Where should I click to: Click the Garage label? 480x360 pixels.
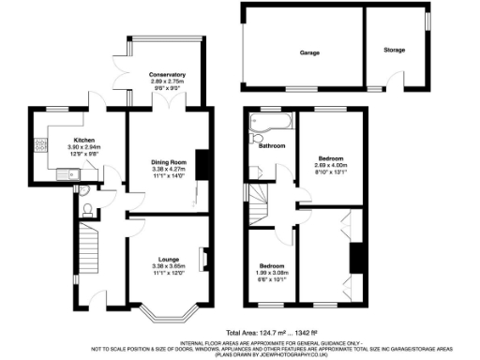pos(310,52)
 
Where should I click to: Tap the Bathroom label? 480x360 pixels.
pos(272,146)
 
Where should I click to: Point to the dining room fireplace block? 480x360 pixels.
pos(200,161)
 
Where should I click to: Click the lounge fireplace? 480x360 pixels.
pos(202,256)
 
